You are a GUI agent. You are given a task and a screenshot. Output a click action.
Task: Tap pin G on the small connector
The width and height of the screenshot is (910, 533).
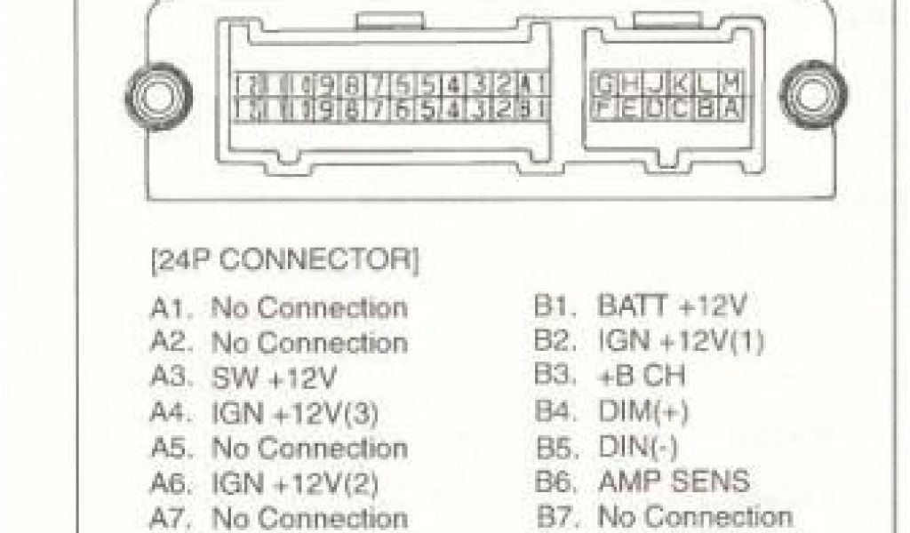[605, 84]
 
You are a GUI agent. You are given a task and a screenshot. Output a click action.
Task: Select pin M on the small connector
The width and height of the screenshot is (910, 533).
[733, 84]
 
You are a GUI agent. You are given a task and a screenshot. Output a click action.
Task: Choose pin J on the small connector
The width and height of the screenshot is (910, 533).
[657, 84]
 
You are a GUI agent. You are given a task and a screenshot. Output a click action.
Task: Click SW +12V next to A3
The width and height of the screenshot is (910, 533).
[274, 379]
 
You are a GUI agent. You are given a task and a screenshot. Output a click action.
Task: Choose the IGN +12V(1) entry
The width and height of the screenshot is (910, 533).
[681, 342]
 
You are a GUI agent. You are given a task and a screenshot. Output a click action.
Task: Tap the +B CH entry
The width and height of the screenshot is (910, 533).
[642, 377]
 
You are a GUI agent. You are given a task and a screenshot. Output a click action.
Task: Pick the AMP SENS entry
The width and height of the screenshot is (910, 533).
[675, 482]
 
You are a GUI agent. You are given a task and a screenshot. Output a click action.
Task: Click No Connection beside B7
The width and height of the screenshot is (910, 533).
[695, 517]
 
